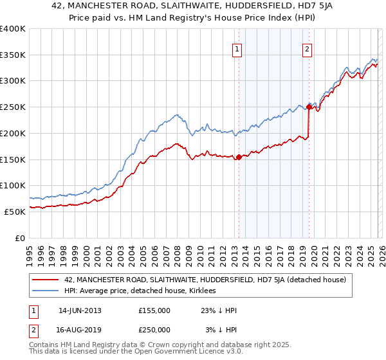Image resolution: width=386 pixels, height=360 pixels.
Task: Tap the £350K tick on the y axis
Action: pyautogui.click(x=13, y=55)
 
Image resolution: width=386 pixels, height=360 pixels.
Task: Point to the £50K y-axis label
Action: pyautogui.click(x=15, y=212)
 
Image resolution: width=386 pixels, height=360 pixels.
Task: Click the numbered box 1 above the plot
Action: pyautogui.click(x=237, y=49)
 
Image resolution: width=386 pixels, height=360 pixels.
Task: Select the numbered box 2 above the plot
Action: pyautogui.click(x=307, y=49)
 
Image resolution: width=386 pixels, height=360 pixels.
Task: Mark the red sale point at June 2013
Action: pyautogui.click(x=239, y=157)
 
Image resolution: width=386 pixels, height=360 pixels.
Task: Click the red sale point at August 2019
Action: pyautogui.click(x=309, y=107)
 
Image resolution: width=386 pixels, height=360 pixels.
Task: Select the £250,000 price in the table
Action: pyautogui.click(x=154, y=330)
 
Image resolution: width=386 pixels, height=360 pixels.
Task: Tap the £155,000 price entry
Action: pyautogui.click(x=154, y=310)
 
